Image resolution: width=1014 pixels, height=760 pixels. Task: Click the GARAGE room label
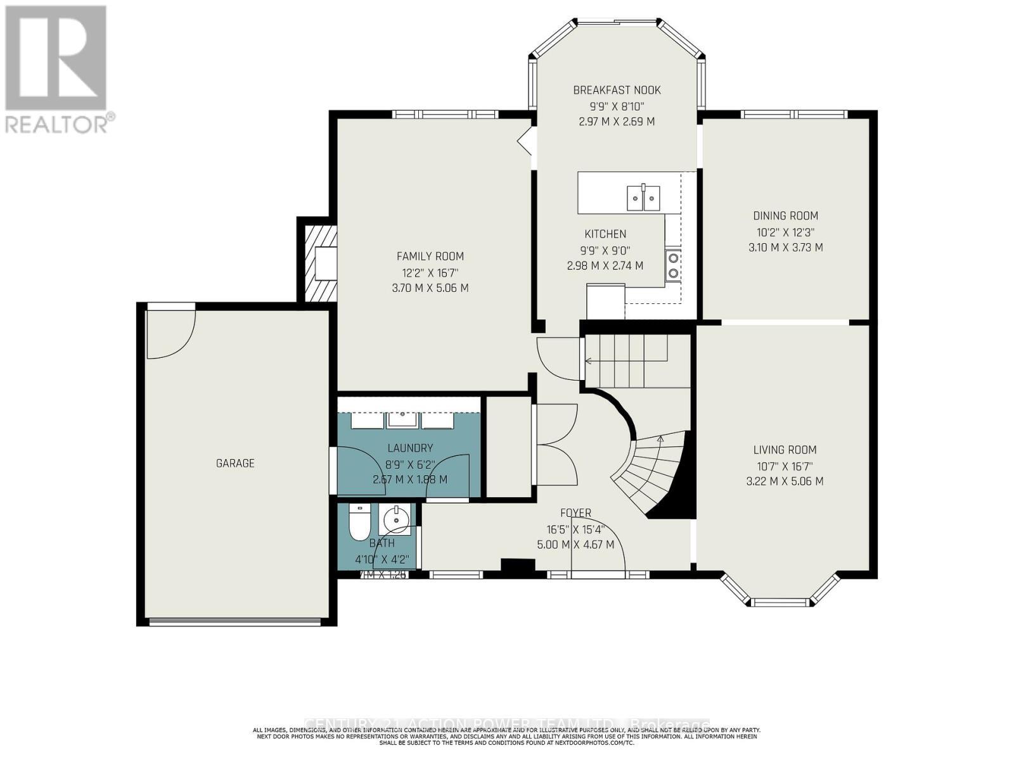[235, 463]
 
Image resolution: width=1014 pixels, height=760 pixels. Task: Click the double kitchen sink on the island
[643, 197]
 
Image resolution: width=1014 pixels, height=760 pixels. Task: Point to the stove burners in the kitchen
[673, 265]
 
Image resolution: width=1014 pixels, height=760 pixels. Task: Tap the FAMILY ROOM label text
[430, 256]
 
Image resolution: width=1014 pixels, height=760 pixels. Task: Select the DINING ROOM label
[785, 215]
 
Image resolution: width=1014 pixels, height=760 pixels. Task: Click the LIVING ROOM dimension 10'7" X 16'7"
[785, 465]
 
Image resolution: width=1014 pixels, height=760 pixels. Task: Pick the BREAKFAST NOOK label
[617, 90]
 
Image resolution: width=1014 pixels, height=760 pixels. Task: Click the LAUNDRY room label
[410, 448]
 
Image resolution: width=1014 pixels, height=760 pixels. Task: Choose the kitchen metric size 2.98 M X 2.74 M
[605, 266]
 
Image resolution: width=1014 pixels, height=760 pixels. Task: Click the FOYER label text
[575, 512]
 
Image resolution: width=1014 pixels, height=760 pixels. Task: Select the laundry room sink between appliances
[402, 419]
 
